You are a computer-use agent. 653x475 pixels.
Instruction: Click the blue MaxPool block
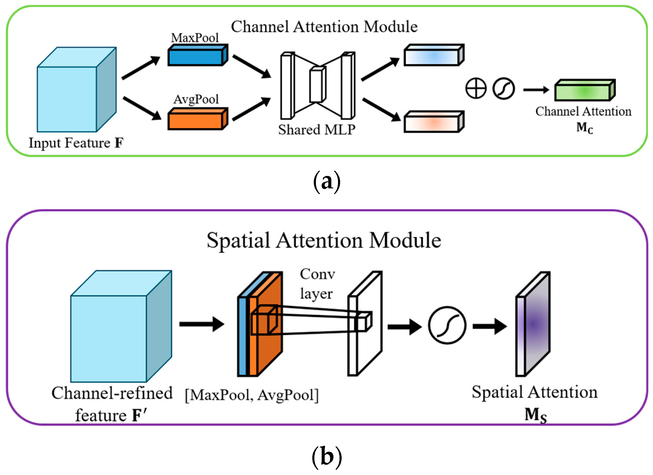(198, 55)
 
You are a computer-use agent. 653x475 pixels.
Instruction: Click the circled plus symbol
(476, 89)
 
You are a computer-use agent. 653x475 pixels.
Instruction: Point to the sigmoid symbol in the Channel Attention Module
(503, 89)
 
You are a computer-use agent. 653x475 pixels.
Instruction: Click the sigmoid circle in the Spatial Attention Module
(447, 325)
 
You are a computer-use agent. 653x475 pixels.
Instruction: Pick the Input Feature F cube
(77, 89)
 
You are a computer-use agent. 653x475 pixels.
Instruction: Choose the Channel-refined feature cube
(121, 326)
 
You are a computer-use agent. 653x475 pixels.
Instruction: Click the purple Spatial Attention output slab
(533, 324)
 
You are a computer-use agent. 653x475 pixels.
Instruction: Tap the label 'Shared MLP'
(317, 130)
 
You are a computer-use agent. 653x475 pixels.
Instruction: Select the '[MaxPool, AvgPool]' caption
(252, 395)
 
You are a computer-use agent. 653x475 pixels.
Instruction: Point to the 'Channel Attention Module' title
(324, 27)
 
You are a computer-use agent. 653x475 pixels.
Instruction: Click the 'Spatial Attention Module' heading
(324, 240)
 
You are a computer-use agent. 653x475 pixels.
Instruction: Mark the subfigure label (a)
(327, 181)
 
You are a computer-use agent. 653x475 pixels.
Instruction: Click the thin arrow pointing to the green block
(536, 90)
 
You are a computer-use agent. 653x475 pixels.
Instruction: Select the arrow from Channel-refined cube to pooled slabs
(202, 324)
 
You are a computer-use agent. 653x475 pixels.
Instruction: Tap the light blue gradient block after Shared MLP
(434, 55)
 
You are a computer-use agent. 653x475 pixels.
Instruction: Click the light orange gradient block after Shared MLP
(434, 122)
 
